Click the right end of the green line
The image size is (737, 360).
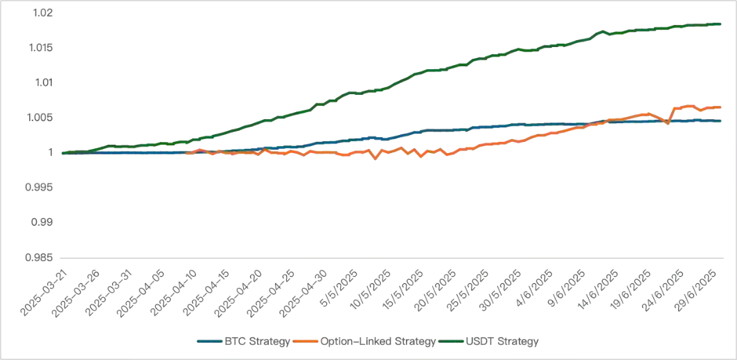tap(725, 24)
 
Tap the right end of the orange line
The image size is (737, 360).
tap(725, 107)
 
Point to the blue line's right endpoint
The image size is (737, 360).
tap(725, 120)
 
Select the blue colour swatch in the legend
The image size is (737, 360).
tap(208, 341)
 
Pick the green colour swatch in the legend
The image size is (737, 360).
tap(450, 341)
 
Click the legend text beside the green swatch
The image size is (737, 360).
tap(504, 341)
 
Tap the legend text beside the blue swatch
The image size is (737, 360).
tap(254, 341)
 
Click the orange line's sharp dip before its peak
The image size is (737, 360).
tap(666, 123)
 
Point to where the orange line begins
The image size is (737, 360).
tap(187, 152)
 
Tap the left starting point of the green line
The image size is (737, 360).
tap(62, 152)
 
